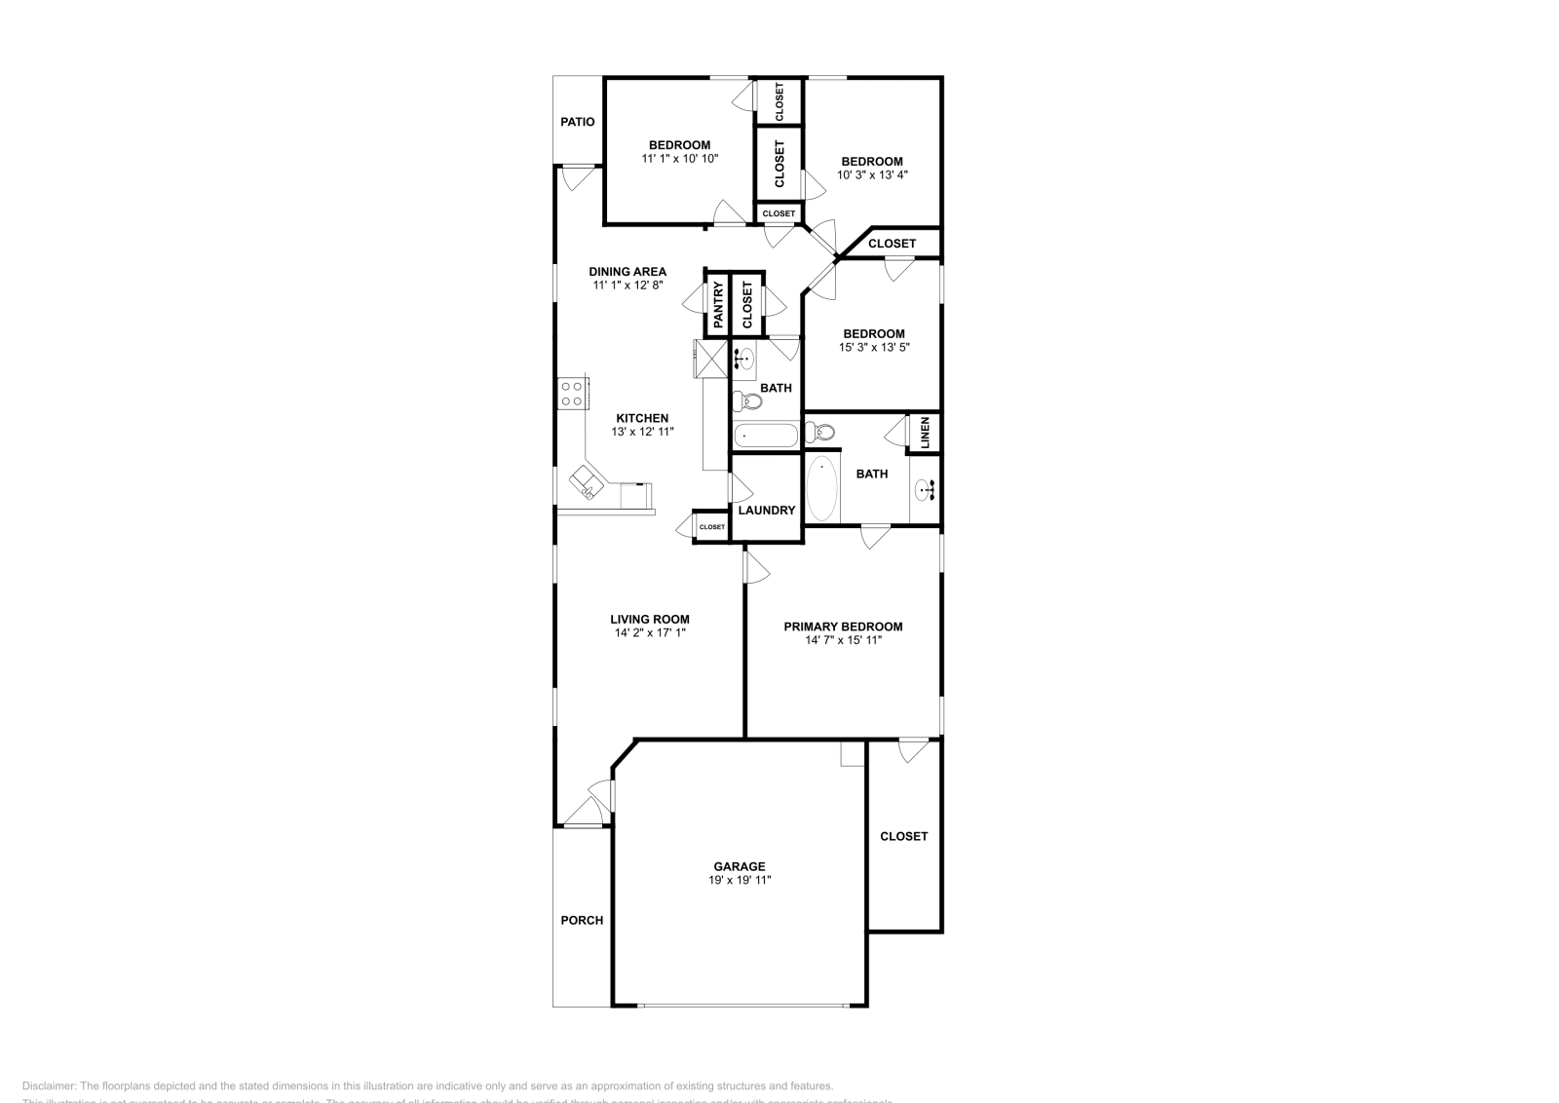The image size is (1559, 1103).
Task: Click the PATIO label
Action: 577,123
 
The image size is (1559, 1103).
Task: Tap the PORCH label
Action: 582,920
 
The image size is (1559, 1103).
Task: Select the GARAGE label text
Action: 740,866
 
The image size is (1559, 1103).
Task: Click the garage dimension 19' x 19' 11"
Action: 740,880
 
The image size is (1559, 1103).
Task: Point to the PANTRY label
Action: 718,304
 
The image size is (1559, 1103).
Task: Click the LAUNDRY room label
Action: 767,510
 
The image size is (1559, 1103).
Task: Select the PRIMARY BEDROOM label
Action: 843,627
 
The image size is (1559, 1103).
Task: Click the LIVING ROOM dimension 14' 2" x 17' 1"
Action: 650,632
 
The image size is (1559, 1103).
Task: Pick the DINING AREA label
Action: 627,272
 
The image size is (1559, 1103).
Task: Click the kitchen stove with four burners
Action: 572,393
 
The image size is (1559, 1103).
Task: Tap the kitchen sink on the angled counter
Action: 586,481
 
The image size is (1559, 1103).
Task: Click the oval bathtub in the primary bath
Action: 821,488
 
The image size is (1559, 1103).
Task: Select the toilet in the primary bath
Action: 820,431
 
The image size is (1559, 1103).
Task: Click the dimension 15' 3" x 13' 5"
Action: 874,347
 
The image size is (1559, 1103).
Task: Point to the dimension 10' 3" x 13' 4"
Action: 872,175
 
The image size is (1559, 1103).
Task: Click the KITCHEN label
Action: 642,418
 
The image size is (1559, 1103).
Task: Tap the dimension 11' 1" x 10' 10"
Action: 680,158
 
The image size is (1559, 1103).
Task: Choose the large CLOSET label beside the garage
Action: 904,836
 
